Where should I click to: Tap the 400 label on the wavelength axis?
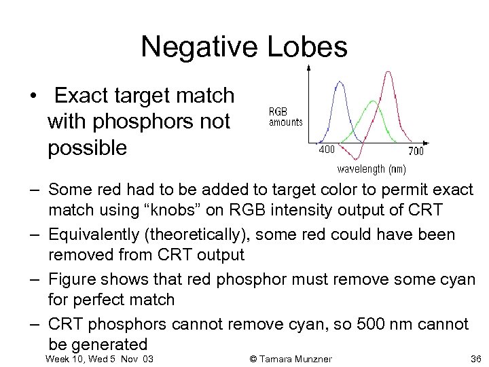point(327,149)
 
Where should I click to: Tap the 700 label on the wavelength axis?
point(416,150)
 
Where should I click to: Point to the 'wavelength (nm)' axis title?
point(372,169)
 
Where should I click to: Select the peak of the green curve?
point(373,101)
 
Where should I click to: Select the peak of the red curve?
point(389,72)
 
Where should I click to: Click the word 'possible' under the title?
point(87,147)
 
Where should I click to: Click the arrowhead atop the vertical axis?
point(310,67)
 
